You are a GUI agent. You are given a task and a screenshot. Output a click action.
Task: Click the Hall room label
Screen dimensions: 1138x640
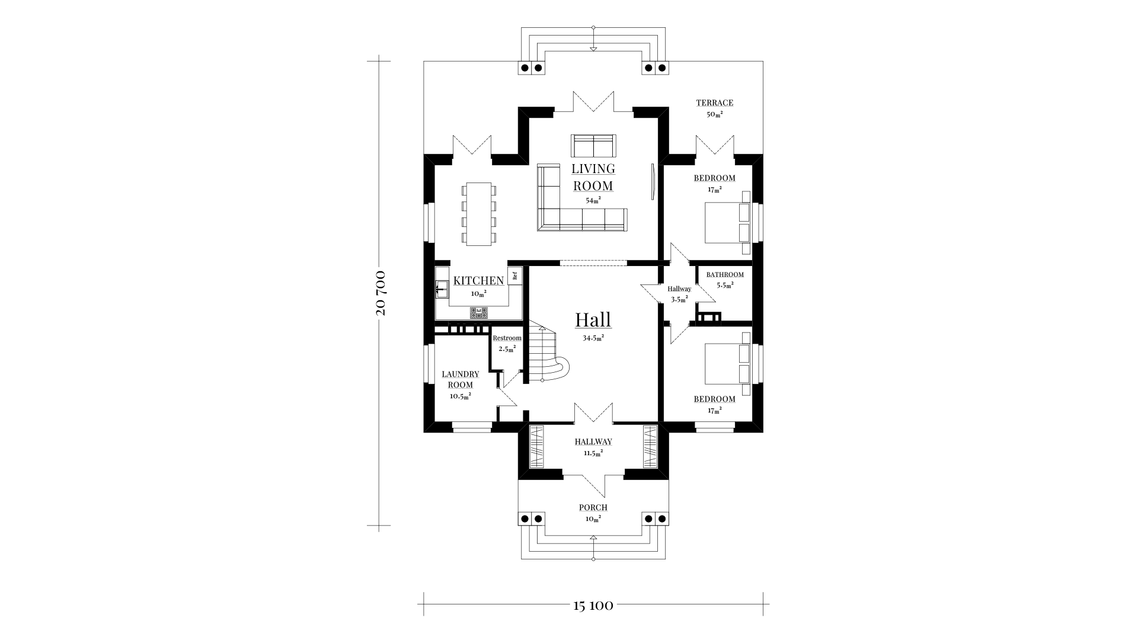[x=593, y=320]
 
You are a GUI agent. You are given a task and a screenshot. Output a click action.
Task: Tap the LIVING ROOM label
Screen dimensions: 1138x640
[x=593, y=177]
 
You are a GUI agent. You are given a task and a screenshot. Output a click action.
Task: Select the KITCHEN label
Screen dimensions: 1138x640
[x=478, y=281]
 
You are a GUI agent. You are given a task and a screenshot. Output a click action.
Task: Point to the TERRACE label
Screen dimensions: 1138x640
[x=715, y=103]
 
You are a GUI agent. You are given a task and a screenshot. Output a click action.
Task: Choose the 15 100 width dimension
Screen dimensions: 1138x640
[x=593, y=606]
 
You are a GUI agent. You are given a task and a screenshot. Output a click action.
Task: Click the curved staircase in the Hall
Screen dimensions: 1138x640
[x=548, y=354]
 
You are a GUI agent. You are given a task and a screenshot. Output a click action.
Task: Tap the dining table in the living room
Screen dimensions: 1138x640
[x=478, y=214]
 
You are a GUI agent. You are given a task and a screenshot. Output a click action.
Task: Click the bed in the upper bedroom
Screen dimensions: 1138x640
[x=727, y=223]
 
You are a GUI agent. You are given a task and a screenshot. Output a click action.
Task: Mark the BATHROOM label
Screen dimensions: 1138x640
[x=725, y=275]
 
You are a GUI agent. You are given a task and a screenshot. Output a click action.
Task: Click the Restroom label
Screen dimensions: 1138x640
[x=507, y=338]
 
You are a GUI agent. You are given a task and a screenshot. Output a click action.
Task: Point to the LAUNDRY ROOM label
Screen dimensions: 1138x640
[x=461, y=380]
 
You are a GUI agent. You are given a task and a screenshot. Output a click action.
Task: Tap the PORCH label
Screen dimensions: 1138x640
[x=593, y=508]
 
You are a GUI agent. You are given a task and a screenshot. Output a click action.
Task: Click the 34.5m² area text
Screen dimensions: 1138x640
[x=593, y=338]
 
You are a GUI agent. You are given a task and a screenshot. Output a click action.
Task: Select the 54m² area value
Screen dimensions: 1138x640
[x=593, y=200]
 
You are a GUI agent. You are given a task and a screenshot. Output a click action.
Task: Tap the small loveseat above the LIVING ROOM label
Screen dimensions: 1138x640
[x=593, y=146]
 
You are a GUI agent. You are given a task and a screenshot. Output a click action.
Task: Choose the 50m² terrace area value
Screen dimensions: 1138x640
[x=715, y=114]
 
